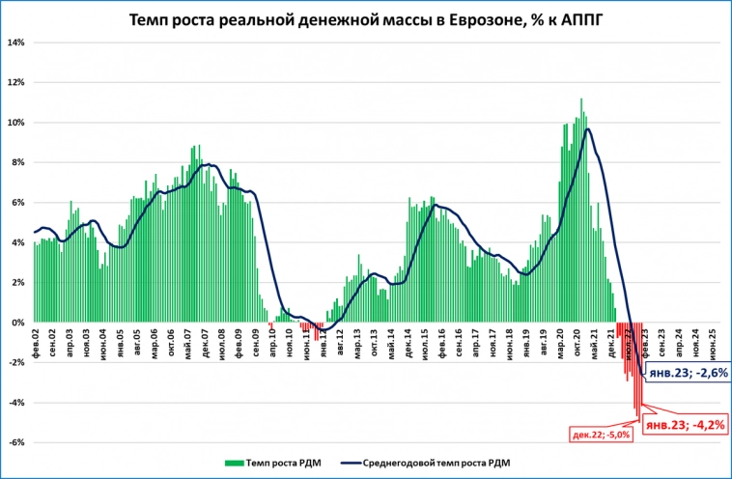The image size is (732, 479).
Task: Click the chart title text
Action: [365, 19]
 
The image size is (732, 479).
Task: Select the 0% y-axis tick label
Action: [16, 323]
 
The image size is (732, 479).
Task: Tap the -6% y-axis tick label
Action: [14, 442]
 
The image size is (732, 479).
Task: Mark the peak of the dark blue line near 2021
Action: [588, 129]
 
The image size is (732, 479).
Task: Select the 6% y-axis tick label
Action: [16, 203]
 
